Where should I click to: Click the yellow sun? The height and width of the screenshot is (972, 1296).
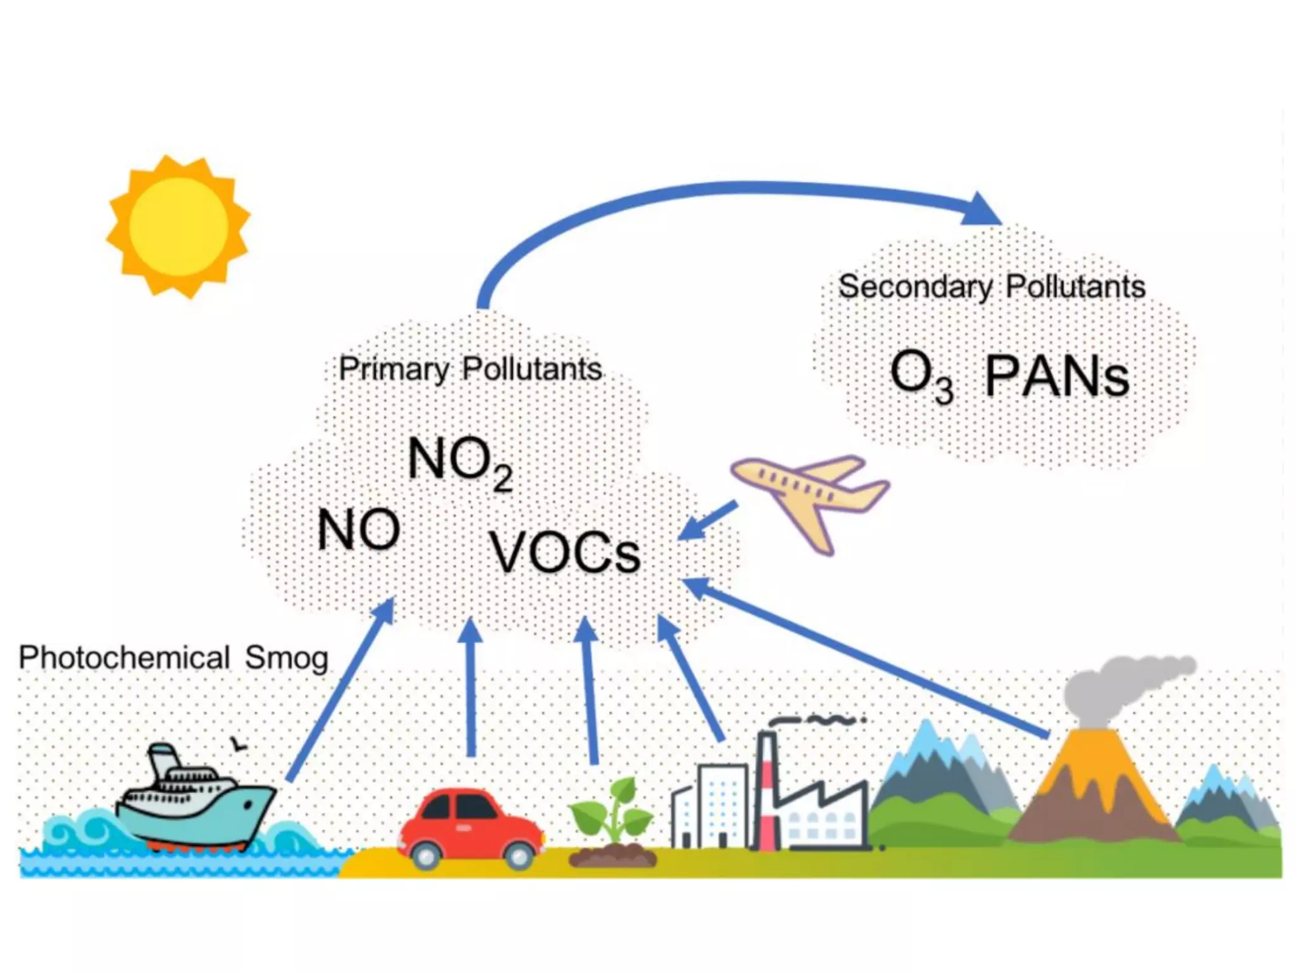[x=178, y=226]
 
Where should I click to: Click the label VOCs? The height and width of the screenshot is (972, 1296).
[x=565, y=552]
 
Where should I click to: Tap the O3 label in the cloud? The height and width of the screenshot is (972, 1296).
[x=921, y=375]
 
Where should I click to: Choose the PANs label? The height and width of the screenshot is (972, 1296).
[x=1057, y=377]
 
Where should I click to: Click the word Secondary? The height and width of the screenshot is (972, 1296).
[x=915, y=287]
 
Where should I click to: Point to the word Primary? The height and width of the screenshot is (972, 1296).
[x=394, y=369]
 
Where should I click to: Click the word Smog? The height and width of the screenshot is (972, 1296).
[x=287, y=658]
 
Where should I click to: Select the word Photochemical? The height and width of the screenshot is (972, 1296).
[x=124, y=657]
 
